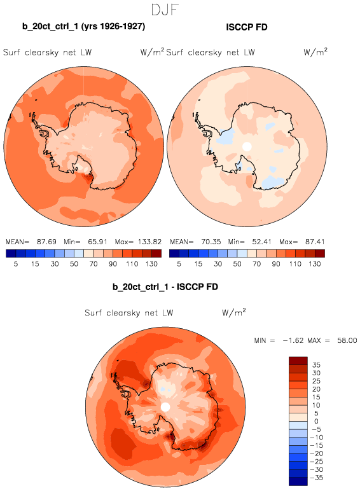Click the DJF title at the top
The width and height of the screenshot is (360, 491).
tap(165, 10)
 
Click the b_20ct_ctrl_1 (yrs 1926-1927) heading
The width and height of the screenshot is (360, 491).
tap(83, 26)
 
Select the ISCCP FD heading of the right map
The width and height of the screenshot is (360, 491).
tap(247, 27)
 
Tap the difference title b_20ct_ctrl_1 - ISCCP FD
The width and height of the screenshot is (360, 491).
tap(165, 287)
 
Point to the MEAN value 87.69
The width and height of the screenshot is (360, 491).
tap(46, 242)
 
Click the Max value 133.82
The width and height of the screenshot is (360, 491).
tap(149, 242)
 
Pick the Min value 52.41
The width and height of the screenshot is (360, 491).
tap(261, 242)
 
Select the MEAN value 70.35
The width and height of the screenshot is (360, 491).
tap(211, 242)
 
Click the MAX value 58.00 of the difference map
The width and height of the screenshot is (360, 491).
tap(347, 340)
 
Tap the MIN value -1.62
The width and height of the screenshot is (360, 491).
tap(293, 340)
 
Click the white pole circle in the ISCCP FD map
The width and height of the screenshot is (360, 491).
tap(247, 146)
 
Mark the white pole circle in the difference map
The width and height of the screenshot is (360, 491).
tap(165, 407)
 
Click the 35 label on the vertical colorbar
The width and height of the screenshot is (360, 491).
tap(316, 365)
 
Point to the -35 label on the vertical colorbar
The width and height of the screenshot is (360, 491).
tap(316, 478)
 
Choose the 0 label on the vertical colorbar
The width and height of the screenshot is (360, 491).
tap(316, 421)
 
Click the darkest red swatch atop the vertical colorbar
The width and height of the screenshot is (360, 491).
tap(298, 361)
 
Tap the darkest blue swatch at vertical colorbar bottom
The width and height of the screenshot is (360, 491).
tap(298, 481)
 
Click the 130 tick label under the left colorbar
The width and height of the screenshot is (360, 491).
tap(151, 264)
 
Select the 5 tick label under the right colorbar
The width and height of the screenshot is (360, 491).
tap(179, 264)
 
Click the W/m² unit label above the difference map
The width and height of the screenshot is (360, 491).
tap(234, 312)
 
